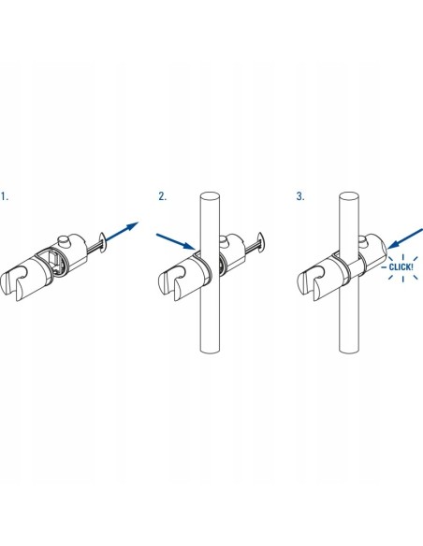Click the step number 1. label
point(5,196)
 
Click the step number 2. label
point(163,196)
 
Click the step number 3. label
point(300,196)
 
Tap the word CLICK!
point(401,267)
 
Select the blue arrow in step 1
point(122,231)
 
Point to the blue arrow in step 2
point(176,241)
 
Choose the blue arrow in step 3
point(405,239)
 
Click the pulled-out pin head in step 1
point(103,242)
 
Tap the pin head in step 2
point(261,241)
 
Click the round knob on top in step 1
point(65,240)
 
